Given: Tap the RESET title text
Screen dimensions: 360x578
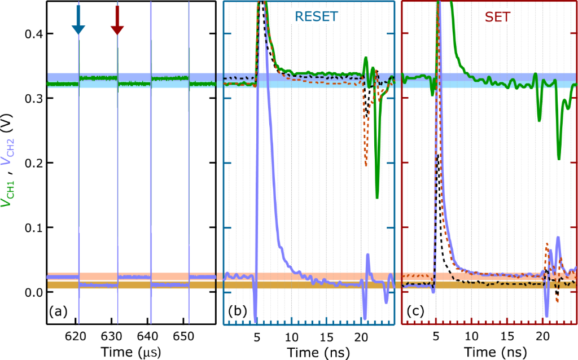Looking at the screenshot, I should [309, 17].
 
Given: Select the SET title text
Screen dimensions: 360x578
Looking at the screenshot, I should [497, 17].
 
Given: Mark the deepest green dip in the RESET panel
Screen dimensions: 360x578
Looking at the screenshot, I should [377, 197].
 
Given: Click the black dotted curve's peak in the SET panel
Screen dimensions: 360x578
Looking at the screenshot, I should [438, 153].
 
